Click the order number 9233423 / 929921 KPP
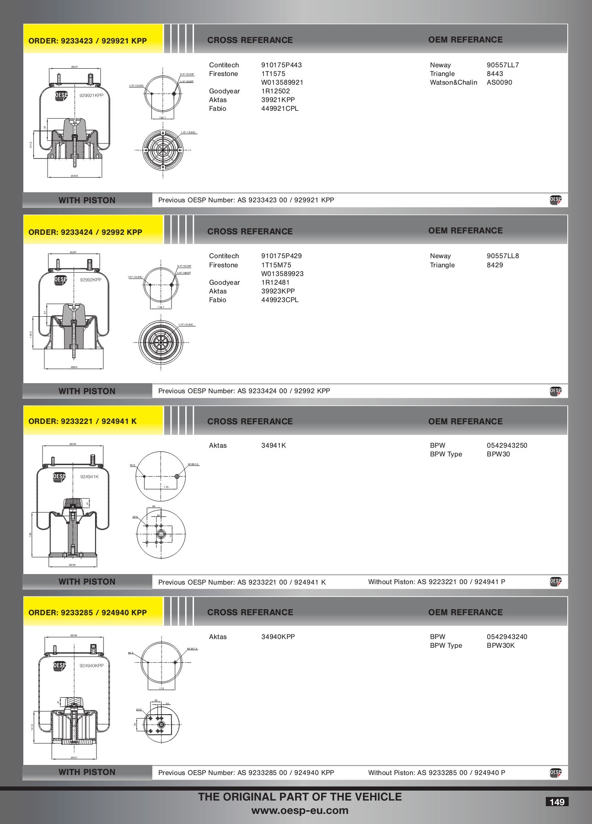[x=87, y=41]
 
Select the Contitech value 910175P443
[x=281, y=65]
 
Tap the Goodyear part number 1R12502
[x=275, y=91]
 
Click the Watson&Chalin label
[x=453, y=82]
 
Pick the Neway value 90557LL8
[x=503, y=256]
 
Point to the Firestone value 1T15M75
[x=276, y=265]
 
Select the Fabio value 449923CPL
[x=280, y=300]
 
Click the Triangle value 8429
[x=495, y=265]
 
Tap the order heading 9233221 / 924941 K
[x=82, y=421]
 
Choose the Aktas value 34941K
[x=274, y=445]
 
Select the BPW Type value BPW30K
[x=501, y=645]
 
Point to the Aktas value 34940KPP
[x=278, y=637]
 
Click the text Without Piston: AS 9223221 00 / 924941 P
[x=436, y=582]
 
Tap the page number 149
[x=557, y=802]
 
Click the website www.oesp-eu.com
[x=300, y=811]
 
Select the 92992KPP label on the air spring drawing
[x=91, y=280]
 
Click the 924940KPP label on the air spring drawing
[x=91, y=666]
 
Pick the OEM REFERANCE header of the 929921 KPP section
[x=465, y=40]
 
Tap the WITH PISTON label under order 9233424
[x=87, y=391]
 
